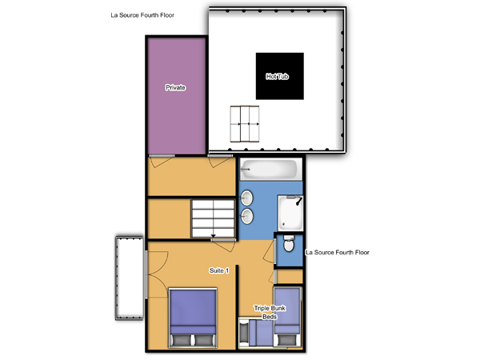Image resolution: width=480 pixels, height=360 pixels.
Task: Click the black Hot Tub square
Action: click(x=280, y=76)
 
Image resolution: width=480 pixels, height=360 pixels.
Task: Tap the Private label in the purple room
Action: click(x=175, y=87)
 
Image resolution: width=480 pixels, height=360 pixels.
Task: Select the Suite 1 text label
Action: click(x=219, y=270)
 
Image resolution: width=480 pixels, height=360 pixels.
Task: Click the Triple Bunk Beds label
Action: click(x=270, y=312)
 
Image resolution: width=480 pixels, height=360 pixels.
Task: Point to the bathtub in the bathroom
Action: click(x=269, y=170)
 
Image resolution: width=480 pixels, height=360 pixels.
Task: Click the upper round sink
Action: click(x=246, y=198)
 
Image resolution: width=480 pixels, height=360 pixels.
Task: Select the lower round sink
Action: click(x=246, y=217)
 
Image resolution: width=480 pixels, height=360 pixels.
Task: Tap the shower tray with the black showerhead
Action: click(x=290, y=213)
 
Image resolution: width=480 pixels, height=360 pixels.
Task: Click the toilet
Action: click(x=289, y=243)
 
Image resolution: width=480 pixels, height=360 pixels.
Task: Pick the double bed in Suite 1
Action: click(x=193, y=318)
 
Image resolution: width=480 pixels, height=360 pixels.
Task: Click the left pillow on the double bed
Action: click(x=182, y=340)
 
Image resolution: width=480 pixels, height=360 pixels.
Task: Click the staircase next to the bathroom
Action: click(x=213, y=218)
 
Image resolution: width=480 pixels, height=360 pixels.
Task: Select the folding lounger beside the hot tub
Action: click(x=245, y=124)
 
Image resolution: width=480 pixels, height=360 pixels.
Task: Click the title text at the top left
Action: click(x=142, y=15)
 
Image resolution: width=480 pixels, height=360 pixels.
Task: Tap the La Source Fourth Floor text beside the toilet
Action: click(x=338, y=252)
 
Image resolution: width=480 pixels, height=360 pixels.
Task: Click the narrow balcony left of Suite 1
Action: click(x=130, y=278)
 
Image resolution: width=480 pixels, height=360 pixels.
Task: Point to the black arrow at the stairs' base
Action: click(x=214, y=236)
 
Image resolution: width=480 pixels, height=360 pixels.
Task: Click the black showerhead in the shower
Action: click(x=299, y=201)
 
